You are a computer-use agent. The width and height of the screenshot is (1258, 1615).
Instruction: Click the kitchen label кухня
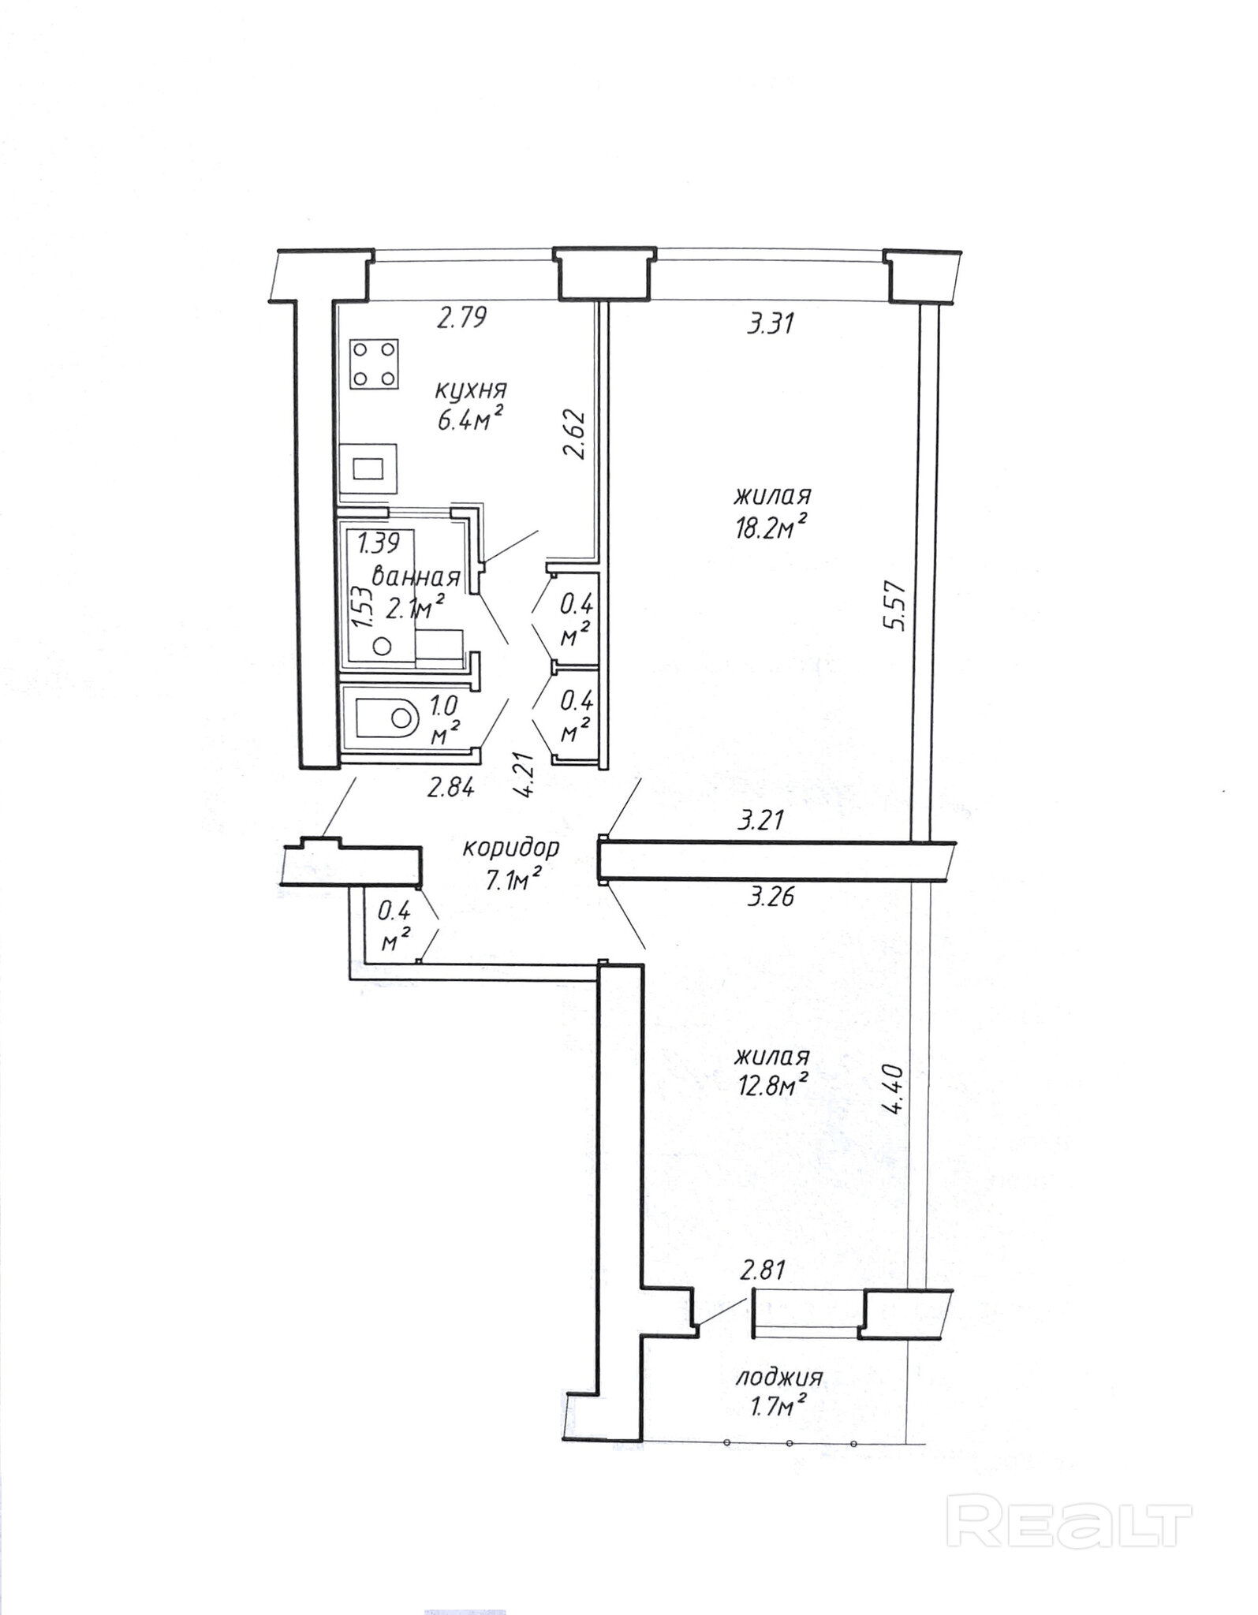[470, 390]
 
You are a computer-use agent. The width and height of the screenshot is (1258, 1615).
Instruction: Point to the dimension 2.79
[462, 318]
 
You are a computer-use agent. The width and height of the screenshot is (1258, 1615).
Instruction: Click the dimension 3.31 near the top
[770, 323]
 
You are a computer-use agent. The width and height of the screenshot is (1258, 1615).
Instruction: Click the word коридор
[511, 849]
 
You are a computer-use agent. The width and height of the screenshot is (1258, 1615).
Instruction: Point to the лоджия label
[779, 1378]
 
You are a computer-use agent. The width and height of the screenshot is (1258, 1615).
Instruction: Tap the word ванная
[415, 576]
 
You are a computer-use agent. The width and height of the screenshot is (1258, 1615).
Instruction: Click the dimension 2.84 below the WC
[450, 788]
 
